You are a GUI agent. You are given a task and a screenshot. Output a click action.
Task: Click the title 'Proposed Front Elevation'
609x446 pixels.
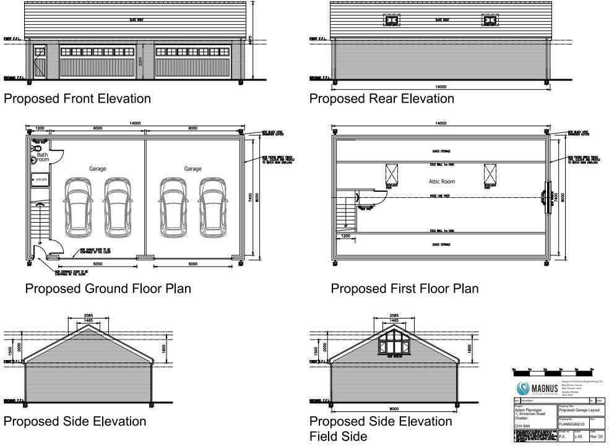(77, 98)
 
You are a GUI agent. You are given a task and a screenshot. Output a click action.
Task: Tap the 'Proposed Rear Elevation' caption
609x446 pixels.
(381, 98)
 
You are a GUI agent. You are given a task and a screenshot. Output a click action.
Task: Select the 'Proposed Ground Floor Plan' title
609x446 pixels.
(108, 288)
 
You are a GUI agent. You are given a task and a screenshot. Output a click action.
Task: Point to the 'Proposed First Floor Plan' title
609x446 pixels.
(404, 288)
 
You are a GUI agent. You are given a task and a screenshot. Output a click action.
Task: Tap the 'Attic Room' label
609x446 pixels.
(442, 181)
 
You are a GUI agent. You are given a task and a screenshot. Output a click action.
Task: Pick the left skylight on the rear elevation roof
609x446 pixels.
(391, 21)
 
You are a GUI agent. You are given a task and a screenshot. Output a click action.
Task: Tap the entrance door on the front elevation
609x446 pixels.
(40, 62)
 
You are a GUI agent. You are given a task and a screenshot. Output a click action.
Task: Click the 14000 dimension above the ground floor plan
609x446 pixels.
(134, 124)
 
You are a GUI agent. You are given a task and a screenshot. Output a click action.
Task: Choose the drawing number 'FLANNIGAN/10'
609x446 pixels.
(573, 424)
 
